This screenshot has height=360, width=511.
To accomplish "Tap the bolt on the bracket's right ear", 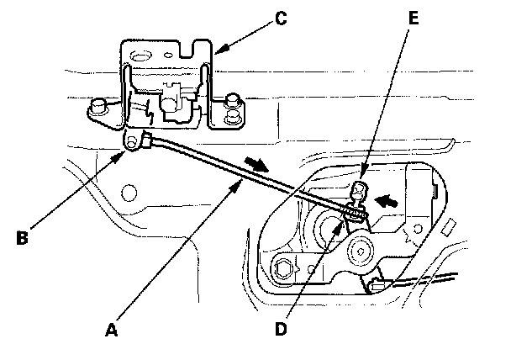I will click(231, 104).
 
